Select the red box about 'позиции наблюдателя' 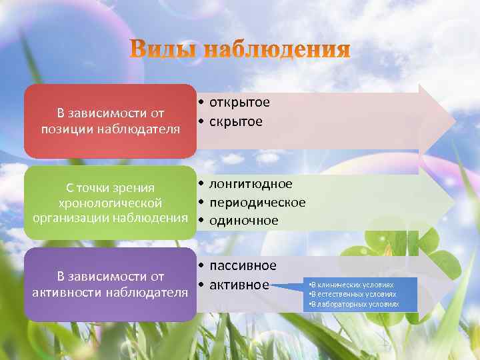coord(110,121)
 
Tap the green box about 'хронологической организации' coord(110,202)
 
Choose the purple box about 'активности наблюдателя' coord(110,284)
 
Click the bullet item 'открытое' coord(239,103)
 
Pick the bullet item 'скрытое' coord(236,121)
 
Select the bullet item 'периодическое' coord(257,202)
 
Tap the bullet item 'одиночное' coord(244,220)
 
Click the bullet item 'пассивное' coord(243,266)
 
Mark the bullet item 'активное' coord(239,285)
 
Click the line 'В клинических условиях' coord(352,284)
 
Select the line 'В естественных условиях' coord(353,293)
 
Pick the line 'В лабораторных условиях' coord(355,304)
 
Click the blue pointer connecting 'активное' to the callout coord(288,287)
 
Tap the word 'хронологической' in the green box coord(110,202)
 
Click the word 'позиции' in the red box coord(65,128)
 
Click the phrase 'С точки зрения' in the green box coord(110,188)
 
